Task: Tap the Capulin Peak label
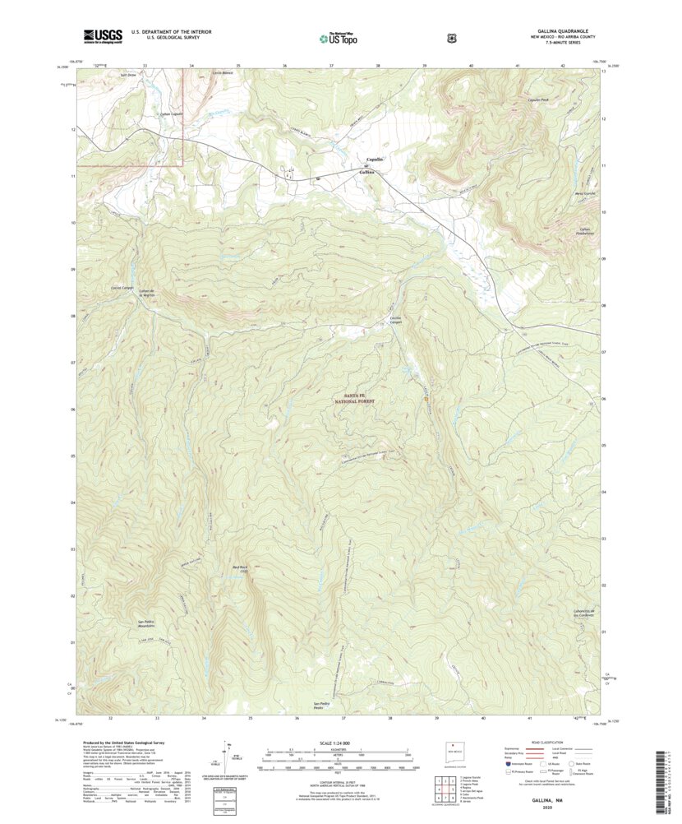[537, 100]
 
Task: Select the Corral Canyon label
[122, 288]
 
